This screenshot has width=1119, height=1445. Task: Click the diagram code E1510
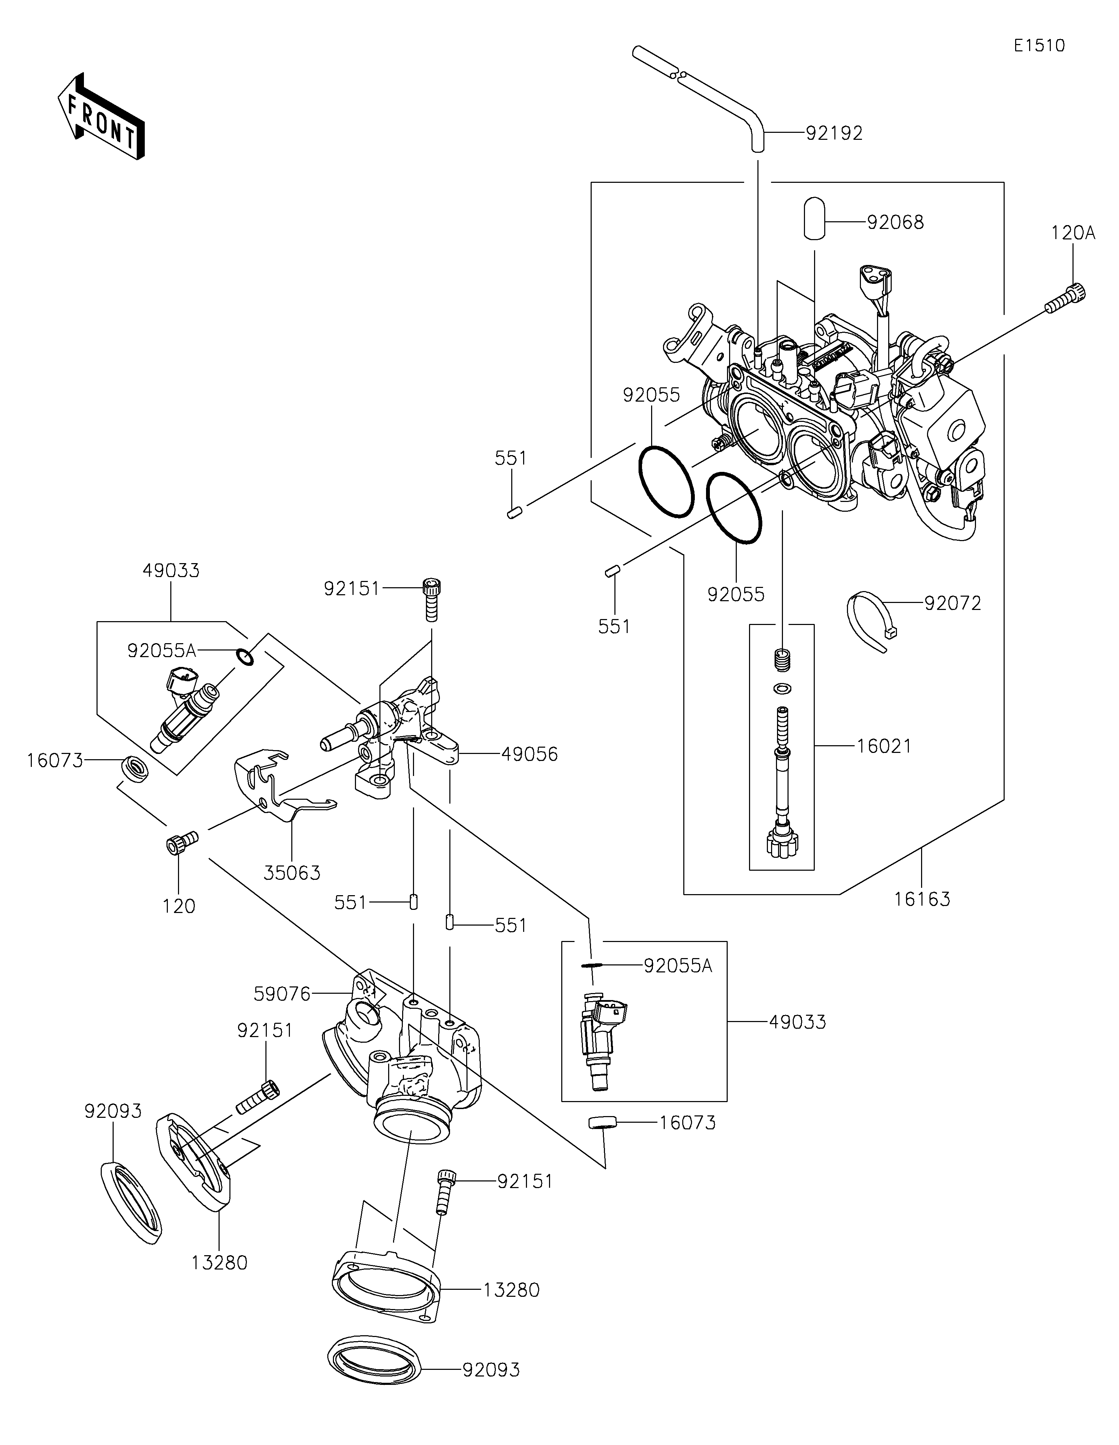coord(1039,46)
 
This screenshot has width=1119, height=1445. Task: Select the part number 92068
coord(895,222)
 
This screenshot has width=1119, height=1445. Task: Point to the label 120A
coord(1073,233)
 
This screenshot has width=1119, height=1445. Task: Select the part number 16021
coord(884,746)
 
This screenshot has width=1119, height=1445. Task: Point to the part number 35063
coord(292,874)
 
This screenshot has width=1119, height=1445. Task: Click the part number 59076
coord(282,994)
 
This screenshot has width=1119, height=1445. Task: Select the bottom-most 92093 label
coord(491,1369)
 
